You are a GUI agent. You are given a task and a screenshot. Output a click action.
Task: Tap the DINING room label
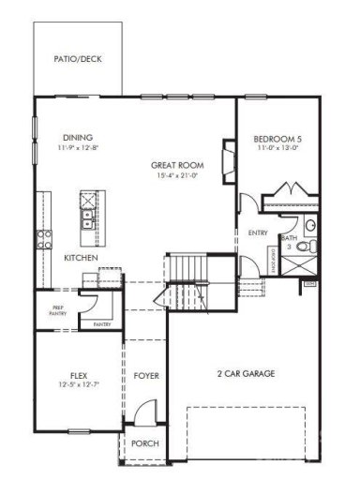[78, 136]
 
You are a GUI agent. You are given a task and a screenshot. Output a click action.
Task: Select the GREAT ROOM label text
[177, 165]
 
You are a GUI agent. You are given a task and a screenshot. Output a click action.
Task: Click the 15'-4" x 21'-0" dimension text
[177, 175]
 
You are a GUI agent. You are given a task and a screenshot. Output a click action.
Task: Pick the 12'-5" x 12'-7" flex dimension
[78, 384]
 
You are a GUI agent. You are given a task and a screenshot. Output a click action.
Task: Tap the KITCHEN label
[82, 257]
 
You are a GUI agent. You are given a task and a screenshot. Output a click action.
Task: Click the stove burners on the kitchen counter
[43, 239]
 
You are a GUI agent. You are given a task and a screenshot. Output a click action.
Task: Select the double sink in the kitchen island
[87, 218]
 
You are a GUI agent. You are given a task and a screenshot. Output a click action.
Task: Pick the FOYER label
[145, 376]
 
